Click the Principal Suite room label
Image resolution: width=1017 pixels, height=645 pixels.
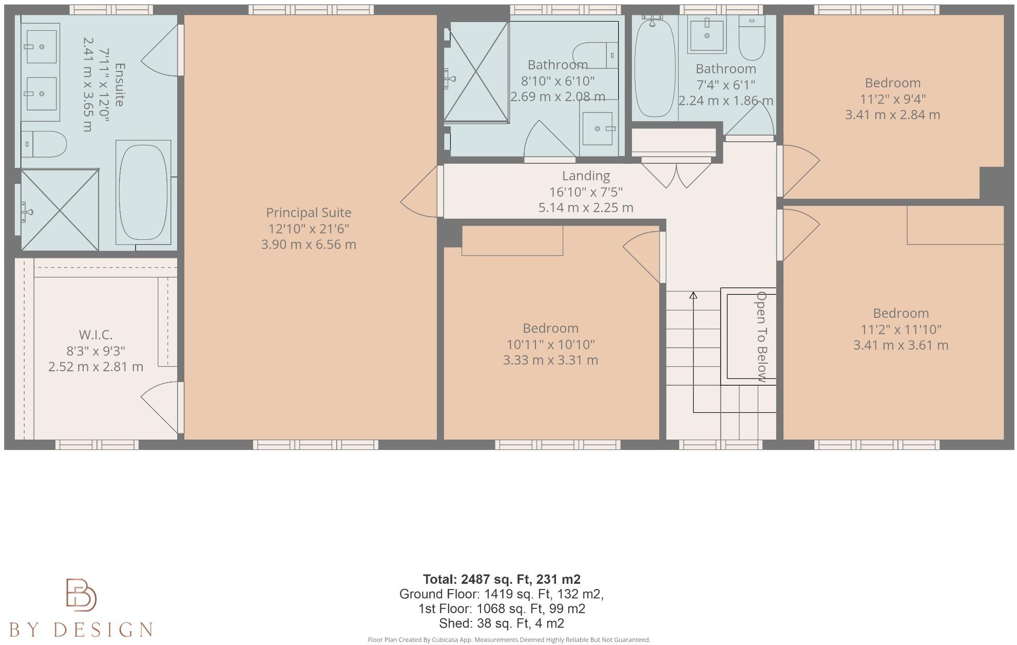point(309,213)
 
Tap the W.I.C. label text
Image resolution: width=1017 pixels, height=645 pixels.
point(95,335)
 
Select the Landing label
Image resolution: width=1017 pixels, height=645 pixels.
point(586,176)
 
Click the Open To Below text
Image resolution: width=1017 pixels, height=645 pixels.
point(762,337)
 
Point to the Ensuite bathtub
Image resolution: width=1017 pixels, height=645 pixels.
point(143,192)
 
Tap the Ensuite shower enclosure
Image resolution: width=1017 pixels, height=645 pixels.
point(60,210)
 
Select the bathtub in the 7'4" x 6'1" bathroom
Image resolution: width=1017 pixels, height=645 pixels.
point(655,67)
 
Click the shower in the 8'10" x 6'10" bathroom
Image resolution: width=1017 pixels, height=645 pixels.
point(476,72)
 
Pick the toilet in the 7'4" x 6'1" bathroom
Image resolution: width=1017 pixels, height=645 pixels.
point(752,37)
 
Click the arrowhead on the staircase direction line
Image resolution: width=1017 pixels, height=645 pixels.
point(693,295)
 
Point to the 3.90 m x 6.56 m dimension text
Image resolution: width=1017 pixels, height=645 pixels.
point(309,244)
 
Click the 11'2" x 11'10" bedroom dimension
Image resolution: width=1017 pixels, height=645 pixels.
point(901,329)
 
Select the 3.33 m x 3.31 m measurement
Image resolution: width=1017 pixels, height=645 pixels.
point(550,360)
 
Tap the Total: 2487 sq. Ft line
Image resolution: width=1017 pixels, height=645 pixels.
point(502,579)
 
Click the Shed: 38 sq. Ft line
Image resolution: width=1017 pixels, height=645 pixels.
point(502,623)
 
